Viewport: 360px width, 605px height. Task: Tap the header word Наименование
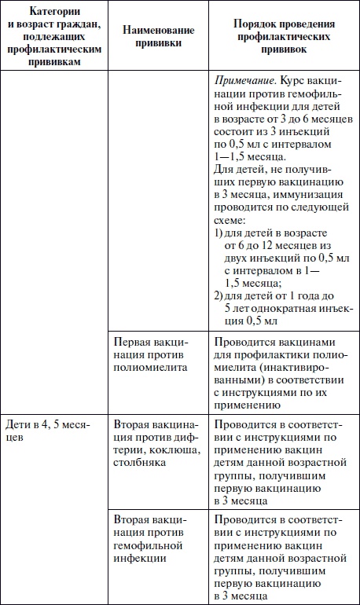click(154, 29)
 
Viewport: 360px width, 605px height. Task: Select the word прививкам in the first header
click(53, 62)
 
